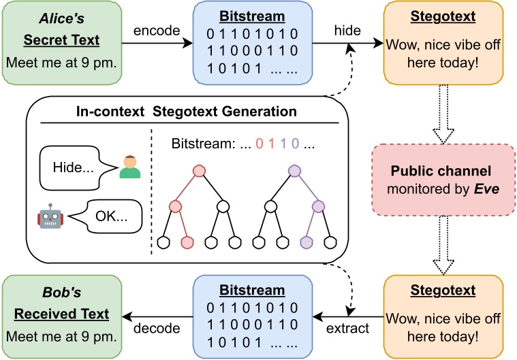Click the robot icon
click(50, 218)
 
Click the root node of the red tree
click(199, 171)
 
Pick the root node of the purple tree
click(295, 171)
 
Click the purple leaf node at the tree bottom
click(306, 242)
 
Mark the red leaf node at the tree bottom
click(188, 242)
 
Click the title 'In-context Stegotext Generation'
click(188, 112)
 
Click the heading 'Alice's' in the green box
click(62, 21)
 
